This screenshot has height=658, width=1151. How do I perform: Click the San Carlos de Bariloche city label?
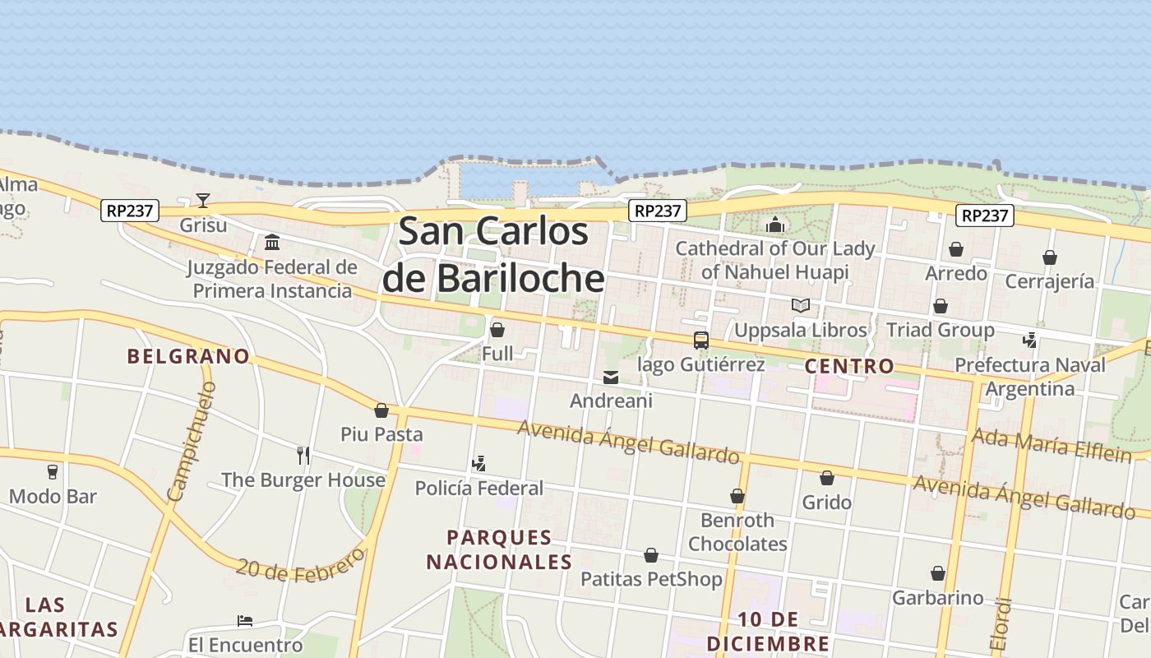tap(493, 254)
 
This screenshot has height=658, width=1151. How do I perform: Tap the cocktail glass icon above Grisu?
tap(203, 200)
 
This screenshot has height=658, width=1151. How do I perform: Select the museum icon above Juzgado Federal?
tap(272, 243)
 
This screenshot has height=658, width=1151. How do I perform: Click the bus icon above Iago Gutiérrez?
tap(701, 340)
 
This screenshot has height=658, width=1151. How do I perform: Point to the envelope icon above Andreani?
tap(611, 378)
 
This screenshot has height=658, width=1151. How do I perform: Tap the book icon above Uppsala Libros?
tap(801, 306)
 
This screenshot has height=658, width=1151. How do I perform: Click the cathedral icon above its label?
tap(775, 225)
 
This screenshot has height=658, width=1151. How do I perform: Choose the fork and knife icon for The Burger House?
tap(303, 456)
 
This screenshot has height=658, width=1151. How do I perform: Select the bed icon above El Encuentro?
tap(245, 621)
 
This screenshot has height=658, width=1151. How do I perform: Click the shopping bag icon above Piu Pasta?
tap(381, 410)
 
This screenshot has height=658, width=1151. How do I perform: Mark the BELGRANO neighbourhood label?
tap(188, 356)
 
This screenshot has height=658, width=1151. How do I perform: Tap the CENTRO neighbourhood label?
tap(849, 366)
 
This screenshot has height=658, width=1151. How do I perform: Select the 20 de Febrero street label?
tap(300, 565)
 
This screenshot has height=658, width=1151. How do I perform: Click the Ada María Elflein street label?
tap(1052, 444)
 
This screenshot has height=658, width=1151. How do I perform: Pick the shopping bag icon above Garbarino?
tap(938, 573)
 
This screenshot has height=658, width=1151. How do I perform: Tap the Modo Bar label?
tap(53, 496)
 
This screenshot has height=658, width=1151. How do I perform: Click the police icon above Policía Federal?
tap(478, 465)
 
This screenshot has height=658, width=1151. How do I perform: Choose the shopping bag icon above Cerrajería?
tap(1050, 258)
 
